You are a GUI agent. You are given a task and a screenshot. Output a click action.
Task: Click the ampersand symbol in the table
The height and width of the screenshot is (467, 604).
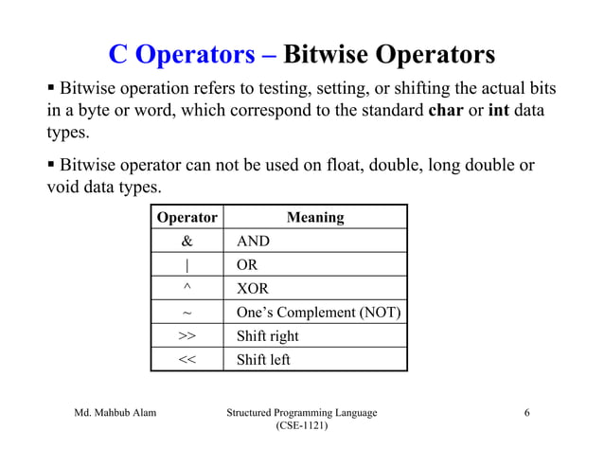[x=187, y=242]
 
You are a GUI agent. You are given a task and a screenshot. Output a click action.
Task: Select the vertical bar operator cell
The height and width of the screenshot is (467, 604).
[x=187, y=265]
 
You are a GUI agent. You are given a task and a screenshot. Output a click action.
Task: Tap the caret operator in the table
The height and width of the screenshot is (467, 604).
[x=187, y=289]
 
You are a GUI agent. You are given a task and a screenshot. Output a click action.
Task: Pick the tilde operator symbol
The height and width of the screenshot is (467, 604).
[x=187, y=313]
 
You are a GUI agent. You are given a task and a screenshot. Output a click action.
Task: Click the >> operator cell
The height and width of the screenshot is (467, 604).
[x=187, y=336]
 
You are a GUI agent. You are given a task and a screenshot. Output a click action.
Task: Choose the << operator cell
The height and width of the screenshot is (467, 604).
[x=187, y=360]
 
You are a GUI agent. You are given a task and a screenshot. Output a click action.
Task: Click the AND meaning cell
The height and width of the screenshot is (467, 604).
[x=253, y=242]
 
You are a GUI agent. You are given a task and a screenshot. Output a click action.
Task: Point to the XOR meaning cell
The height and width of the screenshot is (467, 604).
[x=253, y=289]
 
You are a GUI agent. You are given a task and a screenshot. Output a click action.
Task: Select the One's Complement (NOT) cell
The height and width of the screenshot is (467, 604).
[x=318, y=313]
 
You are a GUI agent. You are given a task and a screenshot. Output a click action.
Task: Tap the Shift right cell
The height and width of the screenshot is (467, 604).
[x=267, y=336]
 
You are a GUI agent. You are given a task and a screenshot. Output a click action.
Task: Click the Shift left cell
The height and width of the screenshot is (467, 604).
[x=263, y=360]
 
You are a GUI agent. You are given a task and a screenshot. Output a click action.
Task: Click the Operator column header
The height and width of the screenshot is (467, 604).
[x=187, y=218]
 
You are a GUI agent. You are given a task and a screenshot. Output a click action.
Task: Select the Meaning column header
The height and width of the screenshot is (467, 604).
[x=315, y=218]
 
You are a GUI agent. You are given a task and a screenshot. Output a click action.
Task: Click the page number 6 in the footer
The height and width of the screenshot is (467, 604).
[x=526, y=413]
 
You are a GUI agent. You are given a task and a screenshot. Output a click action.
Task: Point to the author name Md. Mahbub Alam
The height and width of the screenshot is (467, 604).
[x=115, y=413]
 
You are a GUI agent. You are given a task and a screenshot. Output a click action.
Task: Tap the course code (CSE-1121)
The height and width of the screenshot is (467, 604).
[x=302, y=428]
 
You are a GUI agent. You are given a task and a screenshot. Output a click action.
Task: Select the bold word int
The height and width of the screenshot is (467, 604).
[x=498, y=111]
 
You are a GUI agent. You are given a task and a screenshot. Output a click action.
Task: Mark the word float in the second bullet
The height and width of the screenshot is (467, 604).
[x=343, y=166]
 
